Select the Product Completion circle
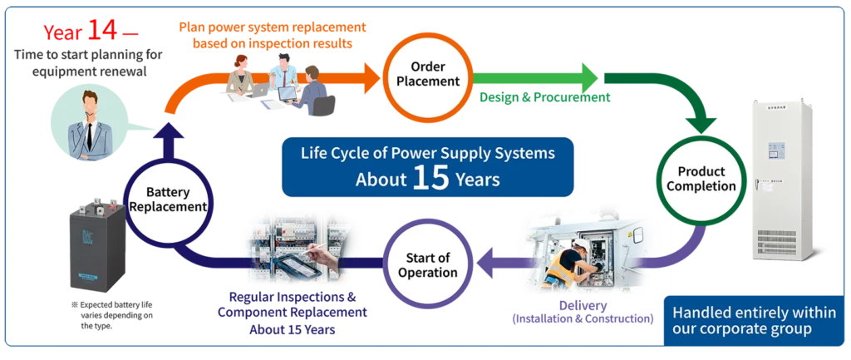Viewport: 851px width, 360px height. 695,179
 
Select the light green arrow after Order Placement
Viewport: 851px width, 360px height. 540,79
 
